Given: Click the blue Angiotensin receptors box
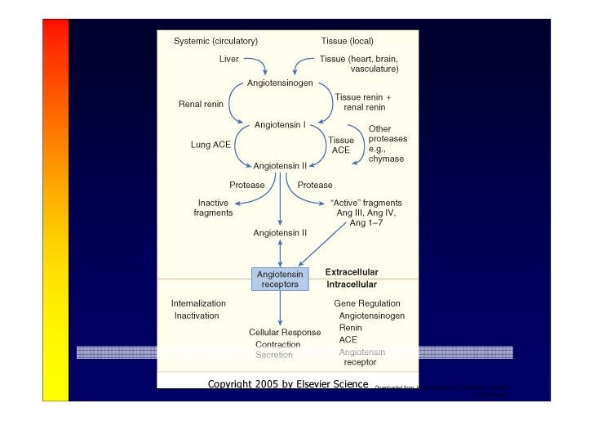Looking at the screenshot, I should click(280, 280).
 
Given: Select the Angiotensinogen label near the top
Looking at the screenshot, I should click(280, 83).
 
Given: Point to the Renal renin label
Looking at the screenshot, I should click(201, 104).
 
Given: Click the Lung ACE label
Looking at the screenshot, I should click(211, 145).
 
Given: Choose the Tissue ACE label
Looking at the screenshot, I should click(341, 145).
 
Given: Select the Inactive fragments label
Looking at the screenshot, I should click(213, 208).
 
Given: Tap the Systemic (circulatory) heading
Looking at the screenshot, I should click(215, 41).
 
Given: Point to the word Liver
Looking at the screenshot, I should click(229, 59).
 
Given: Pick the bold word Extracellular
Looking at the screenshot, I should click(352, 272).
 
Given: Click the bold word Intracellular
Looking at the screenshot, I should click(351, 284).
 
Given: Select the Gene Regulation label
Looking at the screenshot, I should click(367, 303).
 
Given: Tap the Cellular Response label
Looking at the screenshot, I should click(285, 333).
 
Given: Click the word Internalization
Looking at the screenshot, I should click(198, 303).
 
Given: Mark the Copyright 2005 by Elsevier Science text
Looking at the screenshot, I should click(288, 383).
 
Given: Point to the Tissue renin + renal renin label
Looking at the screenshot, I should click(362, 102).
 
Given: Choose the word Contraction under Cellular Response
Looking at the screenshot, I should click(277, 345).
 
